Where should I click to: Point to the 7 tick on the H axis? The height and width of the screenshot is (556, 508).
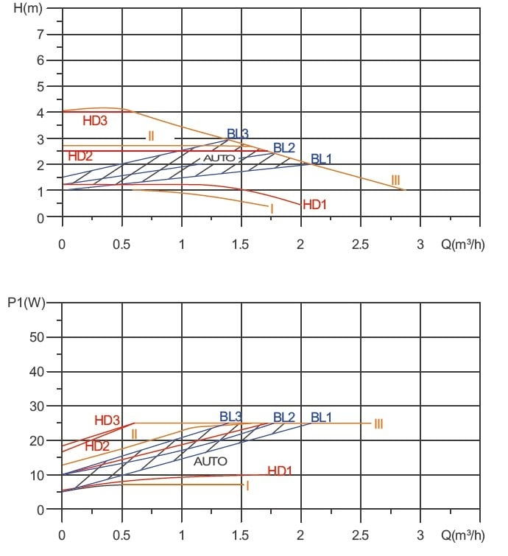pyautogui.click(x=41, y=35)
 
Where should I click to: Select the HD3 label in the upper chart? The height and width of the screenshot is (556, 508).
pyautogui.click(x=96, y=121)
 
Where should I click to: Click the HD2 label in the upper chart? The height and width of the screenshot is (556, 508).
pyautogui.click(x=80, y=156)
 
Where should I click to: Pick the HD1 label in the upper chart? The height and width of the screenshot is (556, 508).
pyautogui.click(x=314, y=204)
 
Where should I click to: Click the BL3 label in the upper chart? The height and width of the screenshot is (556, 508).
pyautogui.click(x=238, y=133)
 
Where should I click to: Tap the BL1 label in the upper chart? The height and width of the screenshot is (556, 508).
pyautogui.click(x=321, y=158)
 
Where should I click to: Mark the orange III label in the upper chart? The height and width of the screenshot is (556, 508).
pyautogui.click(x=395, y=180)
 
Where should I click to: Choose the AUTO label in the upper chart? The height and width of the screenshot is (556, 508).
pyautogui.click(x=219, y=158)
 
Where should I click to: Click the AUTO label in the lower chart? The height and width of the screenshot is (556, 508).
pyautogui.click(x=211, y=461)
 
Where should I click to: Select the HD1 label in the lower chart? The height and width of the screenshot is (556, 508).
pyautogui.click(x=280, y=471)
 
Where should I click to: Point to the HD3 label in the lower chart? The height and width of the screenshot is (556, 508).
pyautogui.click(x=107, y=420)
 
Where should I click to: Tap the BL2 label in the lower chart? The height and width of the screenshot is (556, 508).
pyautogui.click(x=284, y=418)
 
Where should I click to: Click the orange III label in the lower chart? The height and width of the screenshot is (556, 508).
pyautogui.click(x=378, y=423)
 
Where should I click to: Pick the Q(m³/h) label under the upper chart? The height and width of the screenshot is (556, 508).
pyautogui.click(x=462, y=244)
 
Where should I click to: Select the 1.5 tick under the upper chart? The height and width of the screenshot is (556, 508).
pyautogui.click(x=241, y=244)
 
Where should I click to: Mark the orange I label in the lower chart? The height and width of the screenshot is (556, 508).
pyautogui.click(x=247, y=485)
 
